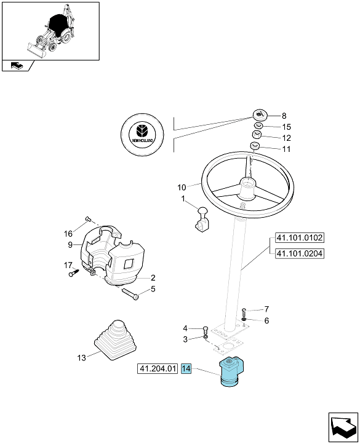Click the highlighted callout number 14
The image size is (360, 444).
186,369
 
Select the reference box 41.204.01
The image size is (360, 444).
158,369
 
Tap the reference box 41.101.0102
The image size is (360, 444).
299,238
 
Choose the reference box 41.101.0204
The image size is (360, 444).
299,253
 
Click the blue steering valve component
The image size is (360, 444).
232,371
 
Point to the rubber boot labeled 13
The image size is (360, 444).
115,340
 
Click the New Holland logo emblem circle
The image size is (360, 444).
142,134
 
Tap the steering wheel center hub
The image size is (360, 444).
248,188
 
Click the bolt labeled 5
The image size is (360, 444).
130,293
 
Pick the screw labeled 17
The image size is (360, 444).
74,272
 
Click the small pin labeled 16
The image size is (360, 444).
87,218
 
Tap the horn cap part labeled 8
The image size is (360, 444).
260,114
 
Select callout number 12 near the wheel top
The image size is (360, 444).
287,138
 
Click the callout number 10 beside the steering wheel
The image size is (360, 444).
182,187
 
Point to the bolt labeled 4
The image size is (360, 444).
206,330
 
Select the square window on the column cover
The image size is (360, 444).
129,264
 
